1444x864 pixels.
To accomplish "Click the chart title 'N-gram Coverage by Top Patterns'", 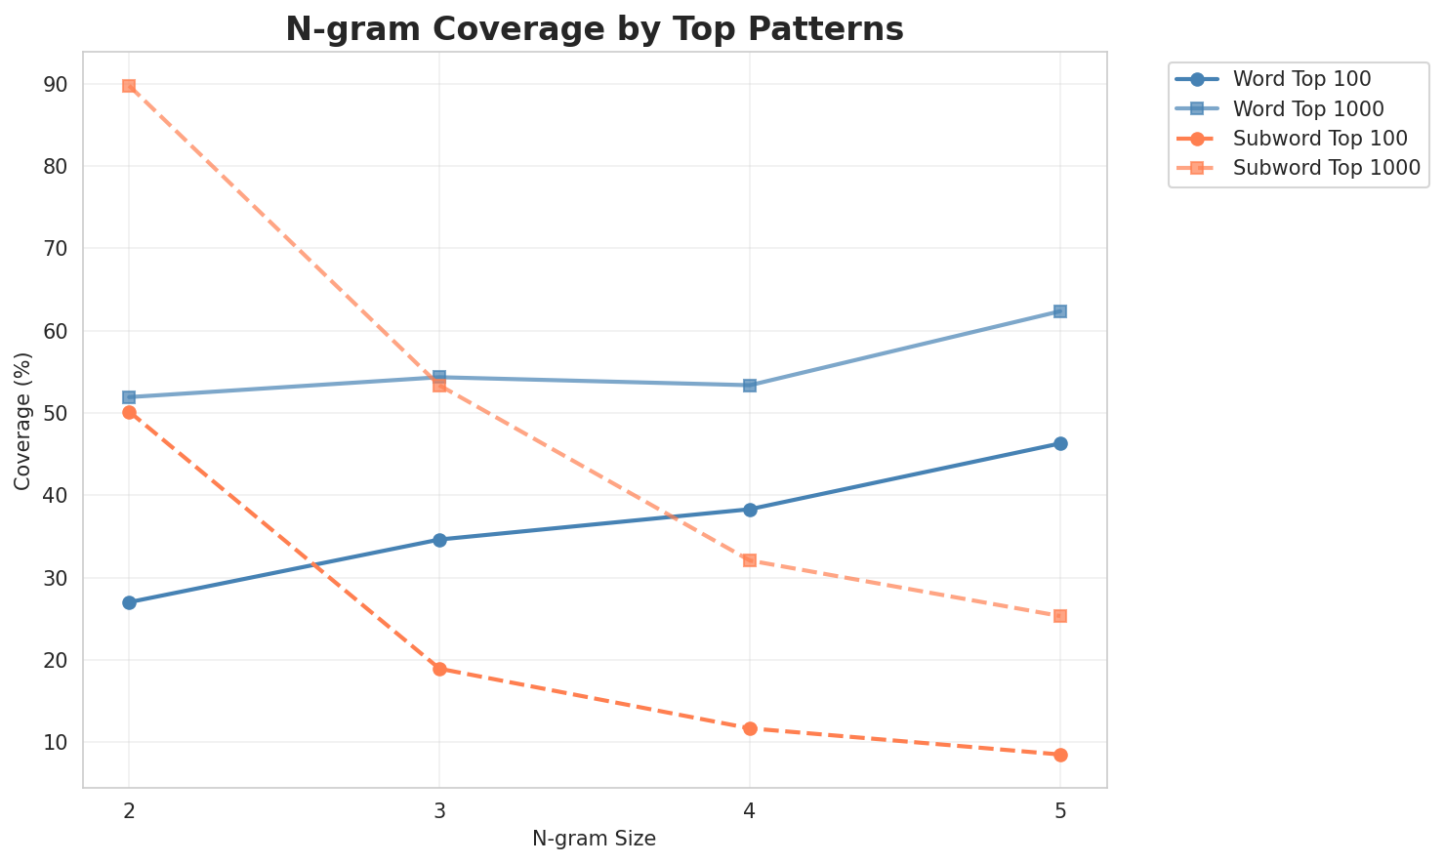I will point(594,29).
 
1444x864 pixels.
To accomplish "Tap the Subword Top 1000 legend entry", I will point(1326,167).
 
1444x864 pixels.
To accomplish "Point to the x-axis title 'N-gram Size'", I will point(594,839).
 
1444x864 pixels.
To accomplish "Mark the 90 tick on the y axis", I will point(55,84).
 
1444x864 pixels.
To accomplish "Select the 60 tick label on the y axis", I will point(55,331).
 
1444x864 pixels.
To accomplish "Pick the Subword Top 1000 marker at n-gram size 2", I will point(129,86).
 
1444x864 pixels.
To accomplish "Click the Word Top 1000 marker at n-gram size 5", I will point(1060,311).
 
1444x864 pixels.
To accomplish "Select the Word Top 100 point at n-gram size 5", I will point(1060,443).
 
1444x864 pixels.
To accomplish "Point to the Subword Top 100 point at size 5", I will point(1060,755).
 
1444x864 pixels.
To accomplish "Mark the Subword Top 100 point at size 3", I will point(439,669).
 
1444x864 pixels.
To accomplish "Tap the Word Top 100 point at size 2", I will point(129,602).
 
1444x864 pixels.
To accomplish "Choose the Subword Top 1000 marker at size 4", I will point(750,560).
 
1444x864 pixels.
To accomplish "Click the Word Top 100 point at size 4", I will point(750,510).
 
